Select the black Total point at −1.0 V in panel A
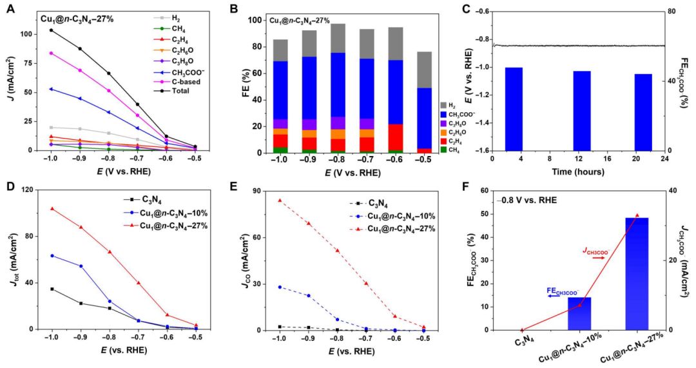pyautogui.click(x=50, y=30)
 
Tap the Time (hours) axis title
pyautogui.click(x=578, y=172)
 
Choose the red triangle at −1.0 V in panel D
pyautogui.click(x=51, y=209)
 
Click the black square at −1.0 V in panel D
pyautogui.click(x=51, y=289)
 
